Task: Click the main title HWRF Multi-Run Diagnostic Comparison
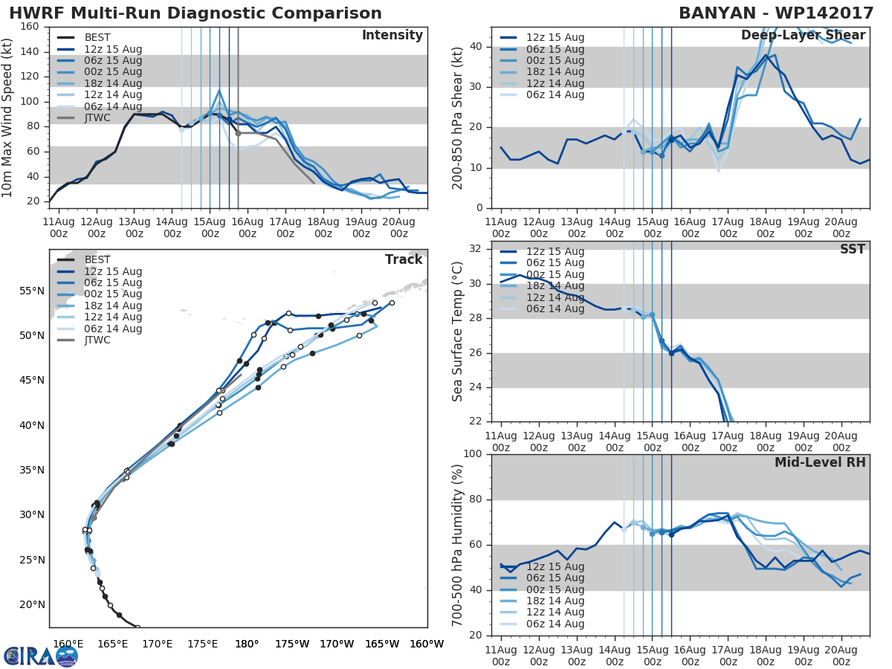(x=195, y=13)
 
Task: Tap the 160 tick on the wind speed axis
(x=30, y=27)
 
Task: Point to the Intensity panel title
(x=392, y=36)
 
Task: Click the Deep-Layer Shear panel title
(x=803, y=36)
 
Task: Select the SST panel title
(x=853, y=249)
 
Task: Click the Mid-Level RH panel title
(x=820, y=462)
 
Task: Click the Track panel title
(x=404, y=259)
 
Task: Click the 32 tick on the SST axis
(x=476, y=249)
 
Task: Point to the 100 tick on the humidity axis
(x=473, y=454)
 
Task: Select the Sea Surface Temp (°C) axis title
(x=458, y=332)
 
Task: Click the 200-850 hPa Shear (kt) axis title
(x=458, y=117)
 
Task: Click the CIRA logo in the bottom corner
(x=41, y=656)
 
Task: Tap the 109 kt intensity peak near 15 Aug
(x=219, y=91)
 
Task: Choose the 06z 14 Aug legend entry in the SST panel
(x=555, y=309)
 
